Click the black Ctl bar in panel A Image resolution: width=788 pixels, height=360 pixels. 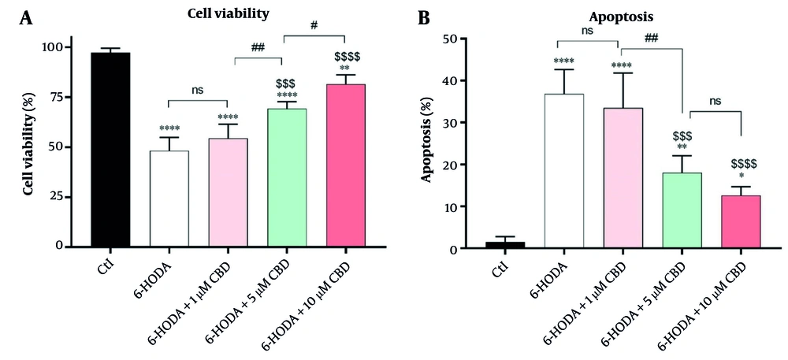coord(110,150)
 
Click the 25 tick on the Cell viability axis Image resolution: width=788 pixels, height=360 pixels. coord(58,197)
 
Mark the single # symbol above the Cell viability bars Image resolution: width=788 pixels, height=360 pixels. coord(314,25)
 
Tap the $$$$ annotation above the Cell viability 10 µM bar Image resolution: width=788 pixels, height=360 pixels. coord(348,56)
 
